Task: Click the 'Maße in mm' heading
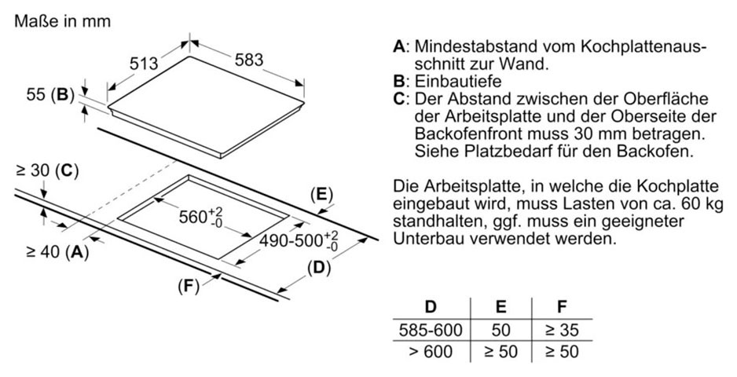(x=63, y=21)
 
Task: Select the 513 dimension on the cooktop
(x=144, y=63)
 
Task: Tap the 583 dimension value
(x=249, y=60)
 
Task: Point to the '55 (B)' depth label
(x=50, y=95)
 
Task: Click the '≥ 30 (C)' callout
(x=47, y=171)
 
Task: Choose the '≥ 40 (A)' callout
(x=57, y=252)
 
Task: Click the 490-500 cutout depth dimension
(x=299, y=240)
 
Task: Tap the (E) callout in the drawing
(x=321, y=195)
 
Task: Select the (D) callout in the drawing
(x=319, y=268)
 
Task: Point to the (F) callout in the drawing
(x=189, y=286)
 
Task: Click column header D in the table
(x=431, y=307)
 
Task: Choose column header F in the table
(x=562, y=307)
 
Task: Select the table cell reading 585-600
(x=431, y=330)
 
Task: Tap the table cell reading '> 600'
(x=431, y=351)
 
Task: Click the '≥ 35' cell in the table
(x=562, y=330)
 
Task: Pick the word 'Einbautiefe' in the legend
(x=458, y=82)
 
